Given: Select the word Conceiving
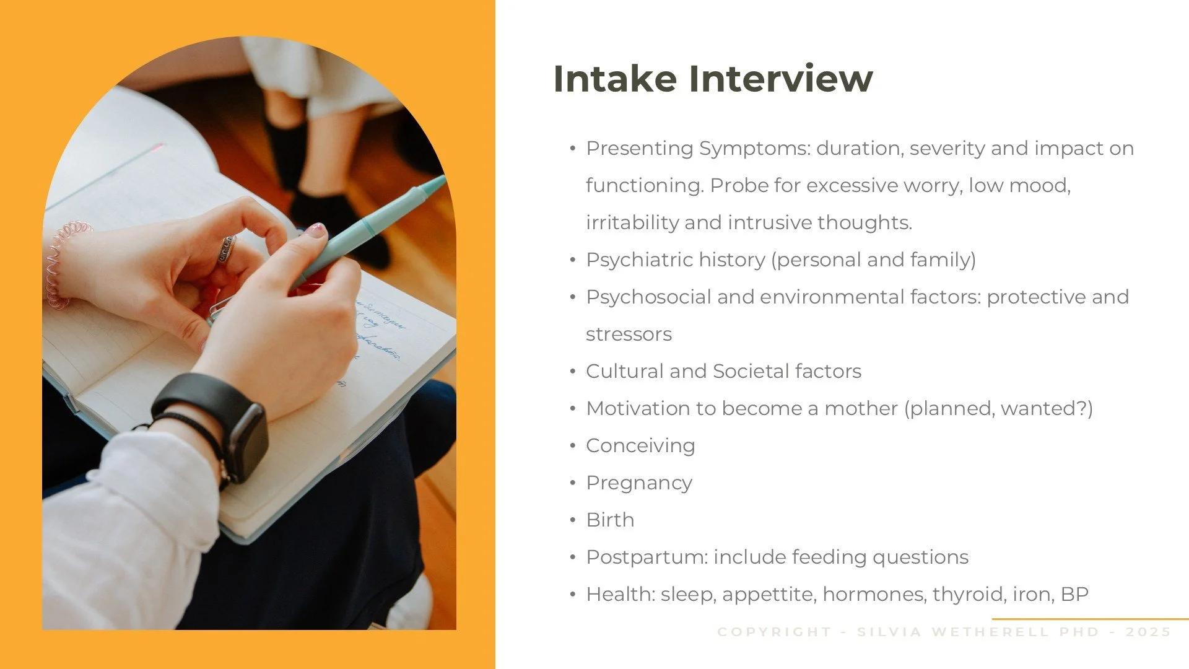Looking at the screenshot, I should pyautogui.click(x=640, y=446).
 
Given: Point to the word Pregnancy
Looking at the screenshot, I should pyautogui.click(x=639, y=483).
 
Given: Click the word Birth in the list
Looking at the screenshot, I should pyautogui.click(x=610, y=520).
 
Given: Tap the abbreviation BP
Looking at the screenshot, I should pyautogui.click(x=1074, y=594).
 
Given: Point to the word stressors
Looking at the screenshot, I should pyautogui.click(x=629, y=334).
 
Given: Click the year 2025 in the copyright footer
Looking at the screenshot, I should pyautogui.click(x=1148, y=632).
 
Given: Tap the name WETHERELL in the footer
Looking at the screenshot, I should pyautogui.click(x=990, y=632).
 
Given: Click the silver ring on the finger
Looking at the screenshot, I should pyautogui.click(x=227, y=249).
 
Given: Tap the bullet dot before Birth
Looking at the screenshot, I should pyautogui.click(x=573, y=520).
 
